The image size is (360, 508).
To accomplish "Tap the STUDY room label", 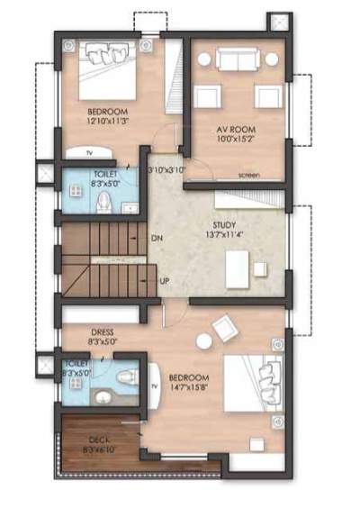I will (225, 225).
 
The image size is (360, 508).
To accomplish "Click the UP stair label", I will (165, 280).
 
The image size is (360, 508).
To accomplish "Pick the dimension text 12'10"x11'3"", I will (107, 120).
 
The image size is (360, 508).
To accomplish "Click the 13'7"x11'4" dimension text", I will (225, 236).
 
